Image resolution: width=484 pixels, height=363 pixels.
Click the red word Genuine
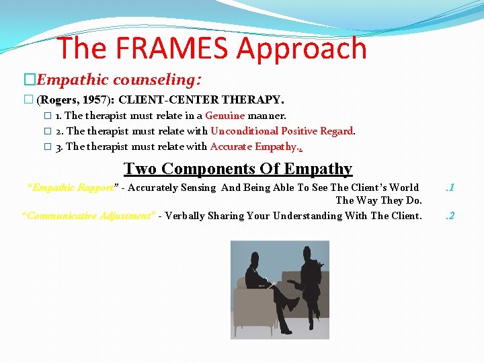pos(225,116)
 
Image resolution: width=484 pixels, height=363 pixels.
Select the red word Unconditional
pos(244,131)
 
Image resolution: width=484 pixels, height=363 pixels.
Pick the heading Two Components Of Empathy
pos(238,168)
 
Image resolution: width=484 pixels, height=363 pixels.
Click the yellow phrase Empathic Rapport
pos(73,188)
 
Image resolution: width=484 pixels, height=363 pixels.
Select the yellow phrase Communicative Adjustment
pos(89,216)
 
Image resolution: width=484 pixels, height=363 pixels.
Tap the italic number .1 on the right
pos(450,188)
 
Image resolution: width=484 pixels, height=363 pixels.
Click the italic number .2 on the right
pos(450,216)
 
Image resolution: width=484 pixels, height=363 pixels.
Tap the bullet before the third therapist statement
pos(47,147)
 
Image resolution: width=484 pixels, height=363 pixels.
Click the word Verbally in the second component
pos(186,216)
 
